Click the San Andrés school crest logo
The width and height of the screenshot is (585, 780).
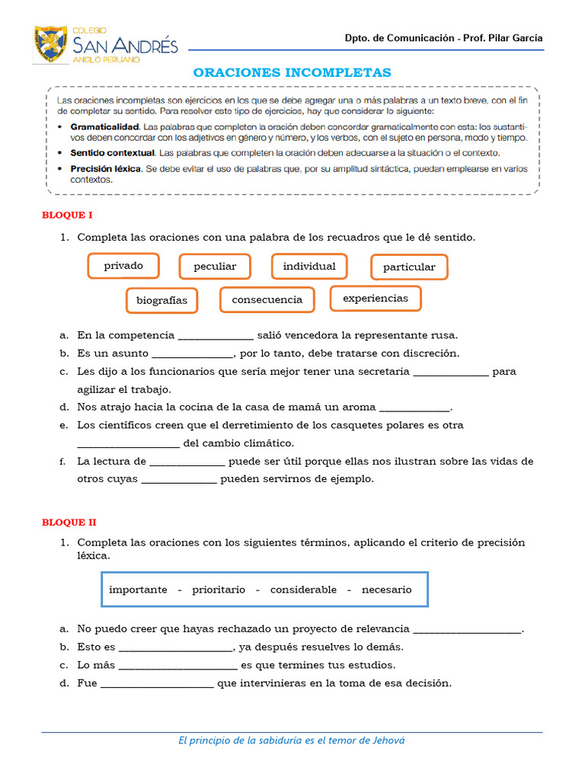51,43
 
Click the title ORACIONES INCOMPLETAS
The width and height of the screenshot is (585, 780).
292,72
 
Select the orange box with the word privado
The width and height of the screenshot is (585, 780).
123,266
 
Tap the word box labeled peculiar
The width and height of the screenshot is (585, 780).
215,267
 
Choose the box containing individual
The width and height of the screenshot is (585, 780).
309,266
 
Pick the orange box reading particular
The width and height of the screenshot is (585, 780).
409,267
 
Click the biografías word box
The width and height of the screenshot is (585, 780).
161,300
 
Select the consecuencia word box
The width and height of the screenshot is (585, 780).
267,299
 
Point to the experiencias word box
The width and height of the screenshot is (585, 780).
376,298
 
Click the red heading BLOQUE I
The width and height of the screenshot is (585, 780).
67,216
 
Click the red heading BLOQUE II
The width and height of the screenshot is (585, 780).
69,522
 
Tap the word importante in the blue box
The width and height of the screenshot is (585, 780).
138,590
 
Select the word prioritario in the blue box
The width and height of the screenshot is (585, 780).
219,590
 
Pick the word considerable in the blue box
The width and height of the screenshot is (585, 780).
303,590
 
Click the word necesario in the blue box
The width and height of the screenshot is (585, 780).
386,590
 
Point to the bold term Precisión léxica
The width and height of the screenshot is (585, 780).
105,168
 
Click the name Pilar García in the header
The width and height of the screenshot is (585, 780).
519,38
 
